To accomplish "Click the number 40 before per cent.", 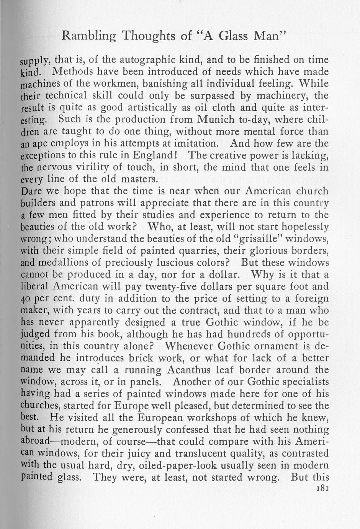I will point(26,299).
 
